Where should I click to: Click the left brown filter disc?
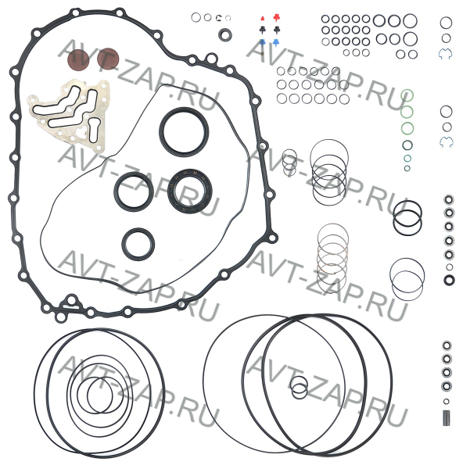[78, 59]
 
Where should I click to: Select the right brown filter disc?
[108, 59]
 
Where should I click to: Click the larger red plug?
[276, 18]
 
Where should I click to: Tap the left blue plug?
[262, 42]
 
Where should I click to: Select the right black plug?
[276, 30]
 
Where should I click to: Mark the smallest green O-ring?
[407, 168]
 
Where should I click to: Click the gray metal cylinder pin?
[447, 417]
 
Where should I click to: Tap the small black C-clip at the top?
[218, 18]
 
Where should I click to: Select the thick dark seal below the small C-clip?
[224, 34]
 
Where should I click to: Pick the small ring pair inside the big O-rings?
[299, 388]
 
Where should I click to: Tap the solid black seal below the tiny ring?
[449, 280]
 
